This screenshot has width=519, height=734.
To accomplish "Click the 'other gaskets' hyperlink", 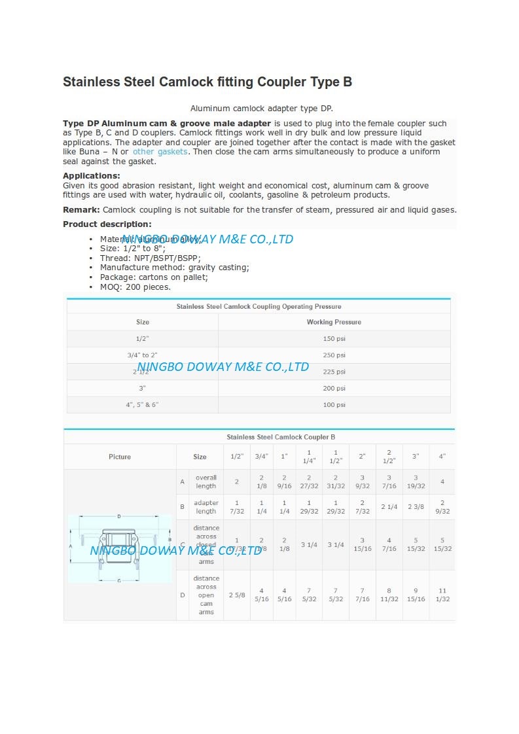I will coord(160,152).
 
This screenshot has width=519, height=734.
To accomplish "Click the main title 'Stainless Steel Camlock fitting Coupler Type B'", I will coord(207,82).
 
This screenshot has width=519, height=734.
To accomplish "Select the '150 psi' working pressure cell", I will coord(334,338).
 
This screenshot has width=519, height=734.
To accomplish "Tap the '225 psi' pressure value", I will coord(334,372).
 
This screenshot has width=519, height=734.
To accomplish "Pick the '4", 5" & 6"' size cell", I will coord(142,405).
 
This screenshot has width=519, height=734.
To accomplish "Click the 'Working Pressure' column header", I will coord(334,322).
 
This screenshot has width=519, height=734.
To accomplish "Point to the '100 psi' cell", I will coord(334,405).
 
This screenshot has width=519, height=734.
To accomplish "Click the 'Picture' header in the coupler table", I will coord(120,457).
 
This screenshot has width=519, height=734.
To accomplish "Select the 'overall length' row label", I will coord(206,482).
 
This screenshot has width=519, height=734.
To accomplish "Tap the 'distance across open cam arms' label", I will coord(206,595).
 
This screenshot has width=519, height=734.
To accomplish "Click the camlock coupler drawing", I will coord(119,547).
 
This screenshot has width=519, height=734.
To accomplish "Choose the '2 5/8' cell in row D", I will coord(236,595).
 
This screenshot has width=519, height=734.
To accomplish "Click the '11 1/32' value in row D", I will coord(442,595).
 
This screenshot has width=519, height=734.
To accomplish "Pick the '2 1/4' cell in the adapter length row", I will coord(389,507).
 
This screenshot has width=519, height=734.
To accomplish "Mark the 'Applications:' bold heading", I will coord(92,176).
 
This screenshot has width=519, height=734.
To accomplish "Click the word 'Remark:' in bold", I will coord(81,210).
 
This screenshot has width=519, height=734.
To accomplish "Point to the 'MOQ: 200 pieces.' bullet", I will coord(135,287).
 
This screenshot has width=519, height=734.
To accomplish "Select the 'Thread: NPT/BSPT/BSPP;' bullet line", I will coord(151,258).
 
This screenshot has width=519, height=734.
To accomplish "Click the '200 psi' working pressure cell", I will coord(334,389).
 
